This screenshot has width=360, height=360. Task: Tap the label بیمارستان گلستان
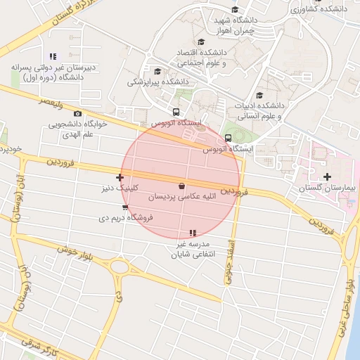[x=328, y=188]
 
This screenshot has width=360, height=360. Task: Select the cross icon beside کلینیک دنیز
[x=120, y=177]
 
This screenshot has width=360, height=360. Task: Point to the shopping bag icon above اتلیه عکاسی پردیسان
[x=183, y=186]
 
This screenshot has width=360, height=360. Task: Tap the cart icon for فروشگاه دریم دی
[x=125, y=208]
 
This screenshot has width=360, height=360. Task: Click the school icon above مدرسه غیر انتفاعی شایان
[x=193, y=233]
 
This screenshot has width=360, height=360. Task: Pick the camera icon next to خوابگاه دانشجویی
[x=78, y=113]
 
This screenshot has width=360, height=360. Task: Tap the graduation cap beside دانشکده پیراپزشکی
[x=157, y=71]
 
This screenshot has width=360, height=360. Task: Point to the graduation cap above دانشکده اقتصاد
[x=202, y=41]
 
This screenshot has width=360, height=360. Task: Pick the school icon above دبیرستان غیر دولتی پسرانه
[x=52, y=56]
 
